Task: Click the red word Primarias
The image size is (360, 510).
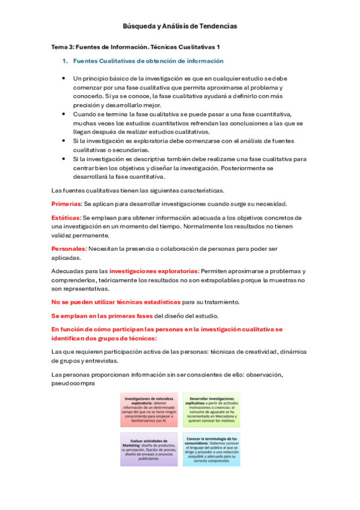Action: coord(66,203)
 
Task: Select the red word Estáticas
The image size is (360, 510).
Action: coord(65,217)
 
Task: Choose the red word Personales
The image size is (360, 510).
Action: coord(69,248)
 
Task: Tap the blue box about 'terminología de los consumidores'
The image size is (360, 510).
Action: coord(211,449)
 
